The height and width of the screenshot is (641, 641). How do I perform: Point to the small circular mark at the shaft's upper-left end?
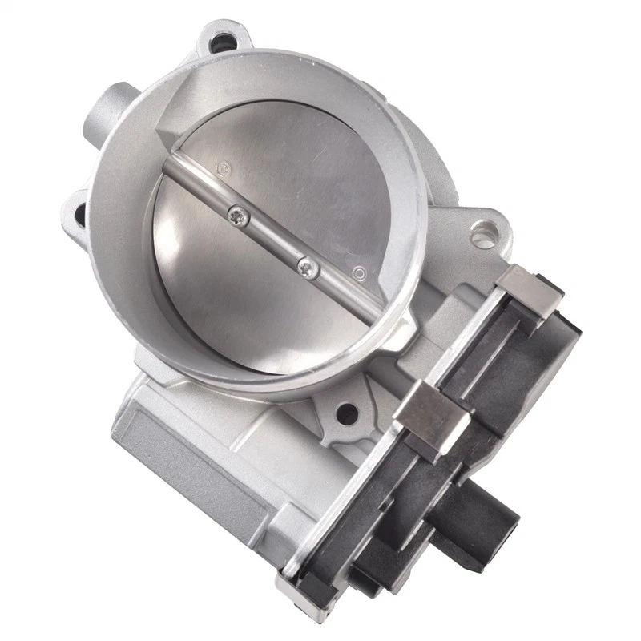point(224,167)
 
